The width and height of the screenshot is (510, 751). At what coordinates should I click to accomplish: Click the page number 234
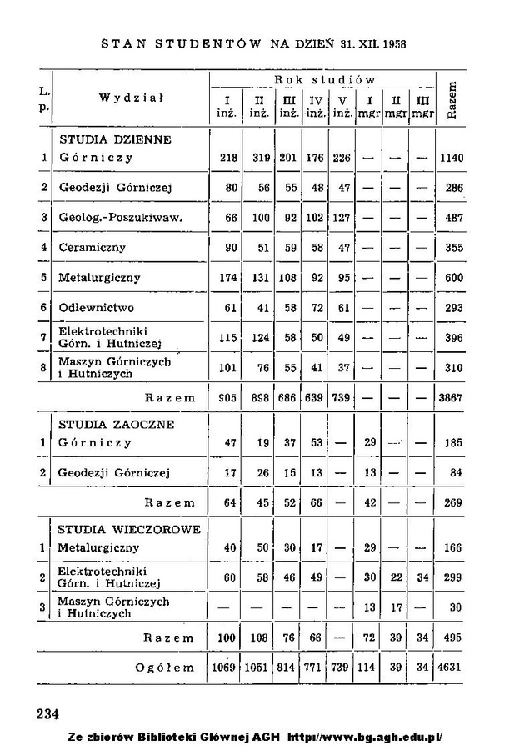click(48, 714)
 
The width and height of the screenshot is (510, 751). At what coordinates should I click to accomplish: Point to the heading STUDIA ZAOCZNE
click(116, 424)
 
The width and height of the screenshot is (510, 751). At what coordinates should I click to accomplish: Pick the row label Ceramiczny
click(92, 247)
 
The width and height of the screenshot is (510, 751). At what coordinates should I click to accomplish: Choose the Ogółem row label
click(165, 667)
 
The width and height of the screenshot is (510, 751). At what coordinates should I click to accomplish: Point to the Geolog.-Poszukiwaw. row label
click(121, 218)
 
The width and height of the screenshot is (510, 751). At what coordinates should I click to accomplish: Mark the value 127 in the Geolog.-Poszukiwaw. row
click(342, 218)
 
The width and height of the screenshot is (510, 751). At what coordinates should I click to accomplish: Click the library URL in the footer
click(364, 738)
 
